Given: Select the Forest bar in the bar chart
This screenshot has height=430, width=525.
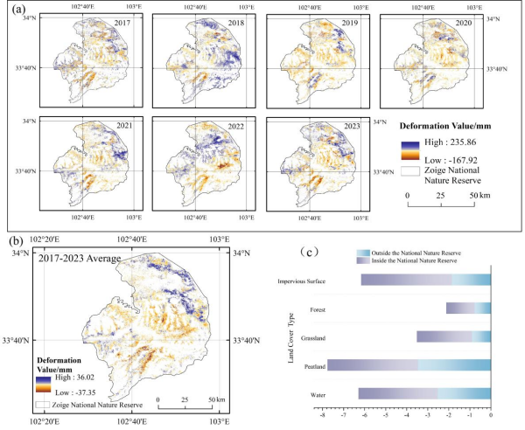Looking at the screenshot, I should [x=468, y=308].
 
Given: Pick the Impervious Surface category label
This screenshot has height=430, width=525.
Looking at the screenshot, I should [x=297, y=280].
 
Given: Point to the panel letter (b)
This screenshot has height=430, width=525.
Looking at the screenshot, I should [x=17, y=239].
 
